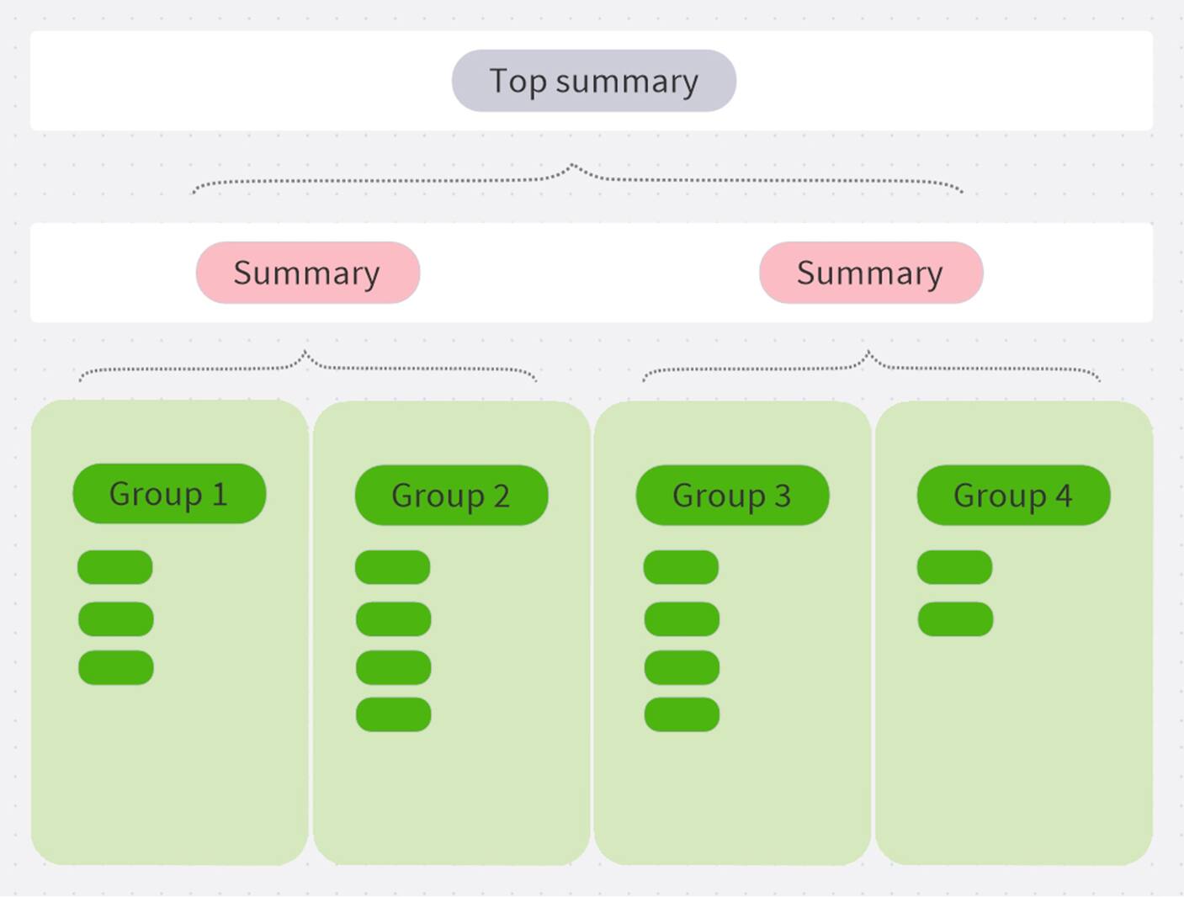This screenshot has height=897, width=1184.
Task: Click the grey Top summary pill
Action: pos(593,81)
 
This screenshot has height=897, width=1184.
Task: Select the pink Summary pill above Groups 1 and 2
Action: pos(307,273)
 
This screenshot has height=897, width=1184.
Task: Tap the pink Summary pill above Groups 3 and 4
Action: pos(870,273)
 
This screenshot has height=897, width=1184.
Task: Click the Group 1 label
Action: pos(169,494)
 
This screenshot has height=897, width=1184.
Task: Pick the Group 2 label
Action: pos(451,496)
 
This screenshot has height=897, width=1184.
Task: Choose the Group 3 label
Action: pos(732,496)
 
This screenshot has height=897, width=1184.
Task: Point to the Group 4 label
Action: pos(1013,496)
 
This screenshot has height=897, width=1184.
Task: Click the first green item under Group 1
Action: pos(115,567)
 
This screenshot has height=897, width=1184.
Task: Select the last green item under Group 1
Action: pos(116,667)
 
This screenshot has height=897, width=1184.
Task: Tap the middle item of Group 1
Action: pos(116,619)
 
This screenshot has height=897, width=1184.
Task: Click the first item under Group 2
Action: pos(393,567)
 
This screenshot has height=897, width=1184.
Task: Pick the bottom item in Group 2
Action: pos(394,714)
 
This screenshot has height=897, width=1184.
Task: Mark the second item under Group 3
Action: pos(682,619)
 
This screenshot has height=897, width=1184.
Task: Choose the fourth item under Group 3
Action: pos(682,714)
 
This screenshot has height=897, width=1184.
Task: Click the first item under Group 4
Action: pos(954,567)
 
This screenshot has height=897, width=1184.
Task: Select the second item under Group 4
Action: pos(955,619)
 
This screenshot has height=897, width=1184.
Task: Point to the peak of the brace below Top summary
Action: pos(573,166)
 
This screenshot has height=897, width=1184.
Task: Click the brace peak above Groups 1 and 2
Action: pos(305,353)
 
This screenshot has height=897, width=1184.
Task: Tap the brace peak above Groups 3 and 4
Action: pos(868,353)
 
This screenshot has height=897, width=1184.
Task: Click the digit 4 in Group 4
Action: pos(1064,496)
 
